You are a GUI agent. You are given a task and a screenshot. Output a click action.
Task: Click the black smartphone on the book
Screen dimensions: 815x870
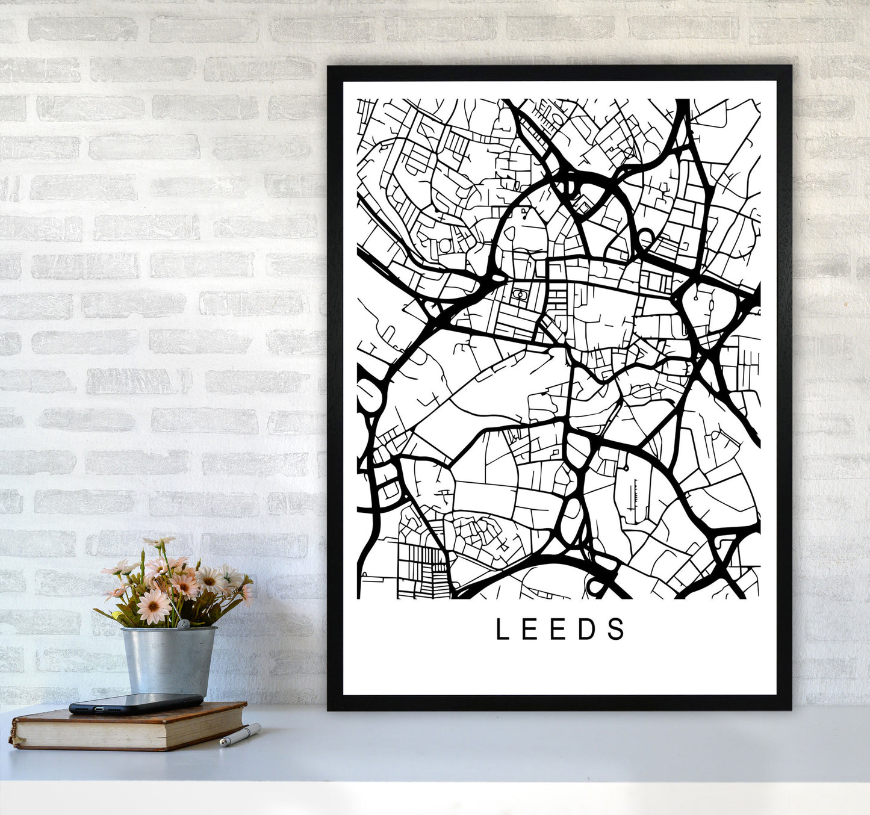(x=135, y=703)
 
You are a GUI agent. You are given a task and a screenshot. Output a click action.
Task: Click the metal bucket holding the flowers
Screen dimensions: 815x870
(x=169, y=660)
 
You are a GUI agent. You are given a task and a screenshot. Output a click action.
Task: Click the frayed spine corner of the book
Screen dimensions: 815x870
(x=13, y=737)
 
